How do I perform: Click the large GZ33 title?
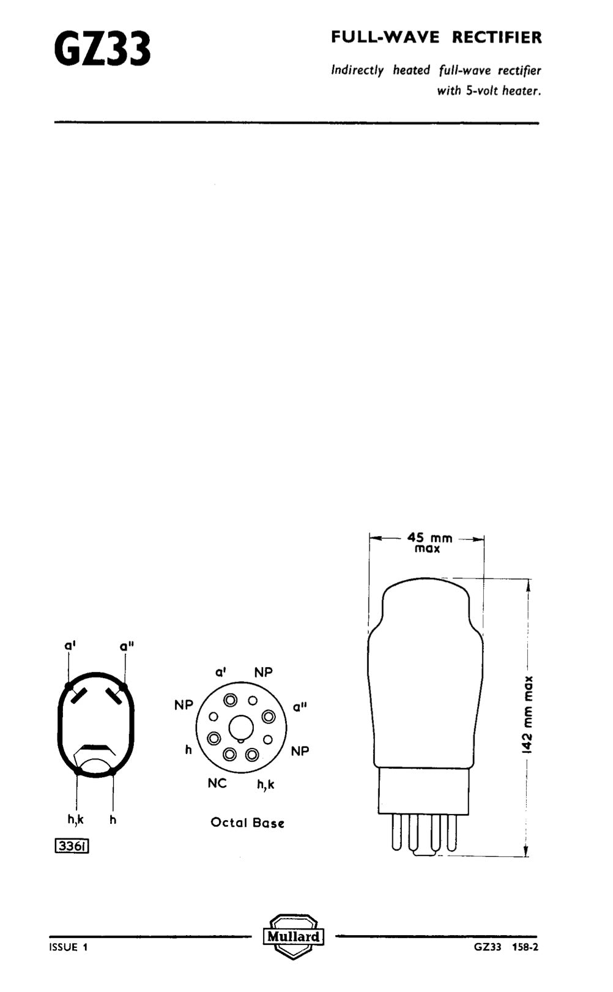pyautogui.click(x=102, y=49)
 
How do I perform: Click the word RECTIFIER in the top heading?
pyautogui.click(x=497, y=38)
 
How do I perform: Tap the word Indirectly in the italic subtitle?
pyautogui.click(x=357, y=70)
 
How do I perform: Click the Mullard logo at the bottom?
pyautogui.click(x=293, y=936)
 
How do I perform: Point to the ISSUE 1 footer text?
pyautogui.click(x=69, y=947)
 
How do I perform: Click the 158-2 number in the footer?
pyautogui.click(x=526, y=947)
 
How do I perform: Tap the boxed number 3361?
pyautogui.click(x=72, y=846)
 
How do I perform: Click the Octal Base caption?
pyautogui.click(x=247, y=822)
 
